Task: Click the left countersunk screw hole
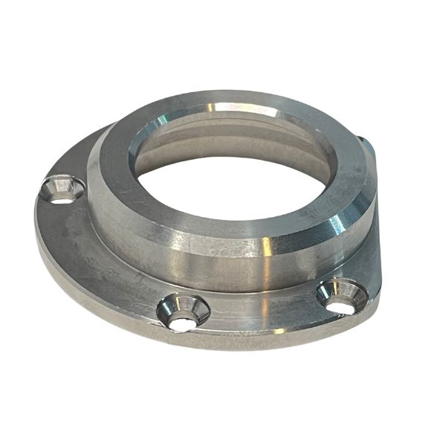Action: point(62,190)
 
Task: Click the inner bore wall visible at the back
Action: point(230,138)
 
